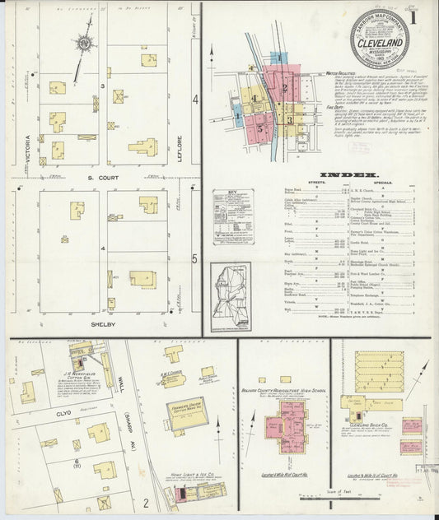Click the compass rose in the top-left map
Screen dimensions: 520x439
coord(84,43)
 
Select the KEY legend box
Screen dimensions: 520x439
coord(232,218)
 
